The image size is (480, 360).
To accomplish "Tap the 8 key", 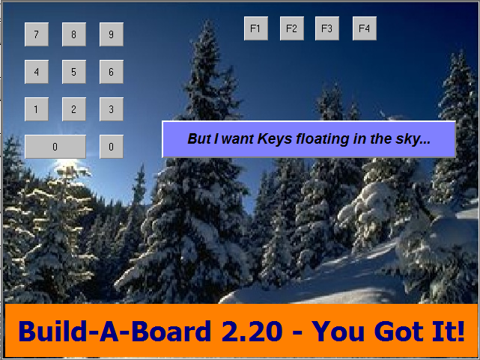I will click(x=74, y=34).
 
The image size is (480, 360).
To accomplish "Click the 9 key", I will click(x=112, y=34).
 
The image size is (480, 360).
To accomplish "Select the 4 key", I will click(x=37, y=72).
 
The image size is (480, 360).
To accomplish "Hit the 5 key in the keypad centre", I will click(x=74, y=72).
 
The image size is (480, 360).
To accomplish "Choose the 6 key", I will click(x=112, y=72).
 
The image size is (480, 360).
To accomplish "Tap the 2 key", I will click(x=74, y=109).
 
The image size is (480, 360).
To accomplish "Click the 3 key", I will click(x=112, y=109).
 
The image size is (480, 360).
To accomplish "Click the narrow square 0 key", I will click(x=112, y=147).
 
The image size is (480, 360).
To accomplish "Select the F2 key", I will click(x=292, y=28).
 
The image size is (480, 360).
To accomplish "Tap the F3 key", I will click(x=327, y=28).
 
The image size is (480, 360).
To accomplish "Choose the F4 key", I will click(x=365, y=28).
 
